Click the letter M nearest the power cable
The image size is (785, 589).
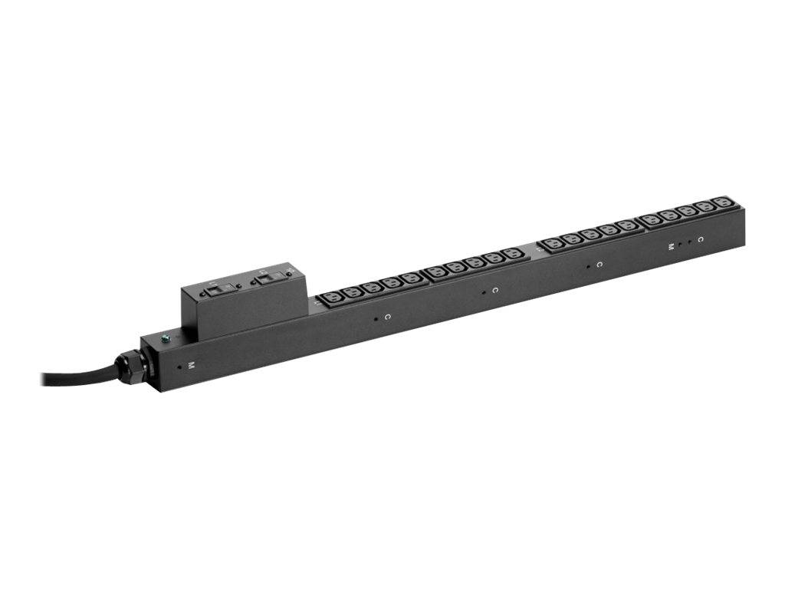point(191,365)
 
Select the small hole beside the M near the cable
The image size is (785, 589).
point(179,367)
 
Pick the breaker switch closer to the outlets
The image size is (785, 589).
point(268,278)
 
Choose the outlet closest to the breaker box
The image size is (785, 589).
point(332,296)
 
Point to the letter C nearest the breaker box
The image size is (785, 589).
point(388,316)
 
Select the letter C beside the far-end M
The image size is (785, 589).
point(700,240)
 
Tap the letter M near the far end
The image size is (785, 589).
point(671,246)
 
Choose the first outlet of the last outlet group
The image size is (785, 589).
point(651,220)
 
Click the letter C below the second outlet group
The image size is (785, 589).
point(495,290)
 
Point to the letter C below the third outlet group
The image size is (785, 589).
point(599,265)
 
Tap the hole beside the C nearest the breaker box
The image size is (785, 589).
point(375,318)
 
